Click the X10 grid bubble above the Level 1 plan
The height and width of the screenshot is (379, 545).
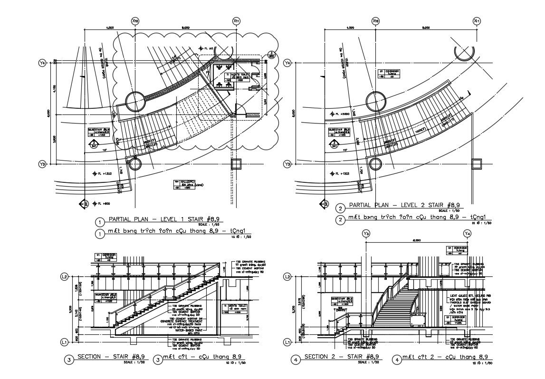point(135,21)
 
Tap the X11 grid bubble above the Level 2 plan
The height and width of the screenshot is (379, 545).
point(477,21)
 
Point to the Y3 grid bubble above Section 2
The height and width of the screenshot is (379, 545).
point(366,234)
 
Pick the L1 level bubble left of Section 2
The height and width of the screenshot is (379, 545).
point(287,342)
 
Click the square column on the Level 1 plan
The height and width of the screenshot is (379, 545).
point(236,164)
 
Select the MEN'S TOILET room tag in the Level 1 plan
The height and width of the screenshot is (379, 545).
point(236,77)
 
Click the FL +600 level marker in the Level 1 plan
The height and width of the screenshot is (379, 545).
point(98,204)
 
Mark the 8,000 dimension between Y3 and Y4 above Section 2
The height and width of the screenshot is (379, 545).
point(417,241)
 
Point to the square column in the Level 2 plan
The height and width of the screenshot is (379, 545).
point(477,164)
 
